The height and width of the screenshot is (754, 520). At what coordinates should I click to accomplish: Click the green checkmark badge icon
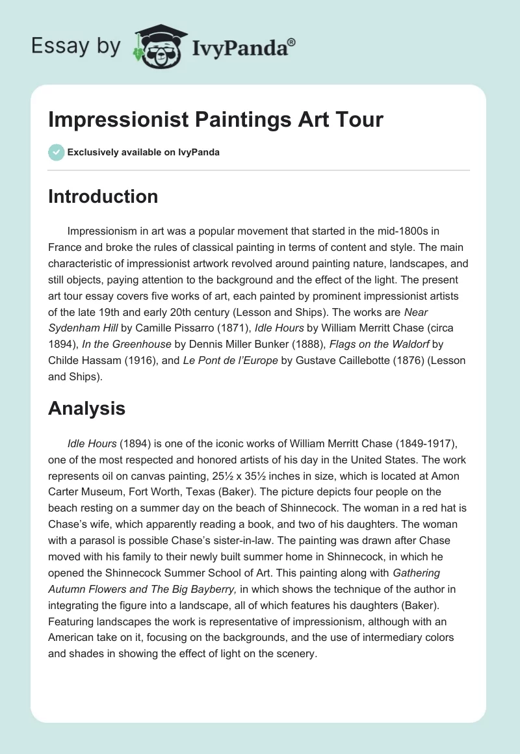[56, 152]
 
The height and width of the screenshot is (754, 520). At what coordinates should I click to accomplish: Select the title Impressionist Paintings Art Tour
[216, 120]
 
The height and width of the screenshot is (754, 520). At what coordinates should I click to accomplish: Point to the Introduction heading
[103, 196]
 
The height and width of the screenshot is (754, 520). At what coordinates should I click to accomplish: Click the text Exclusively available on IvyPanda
[144, 152]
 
